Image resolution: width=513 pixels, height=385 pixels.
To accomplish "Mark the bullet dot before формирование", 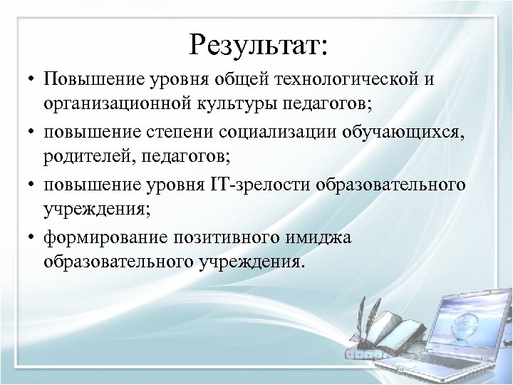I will point(32,237).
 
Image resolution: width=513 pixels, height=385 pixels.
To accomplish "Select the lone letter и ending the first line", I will point(427,78).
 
